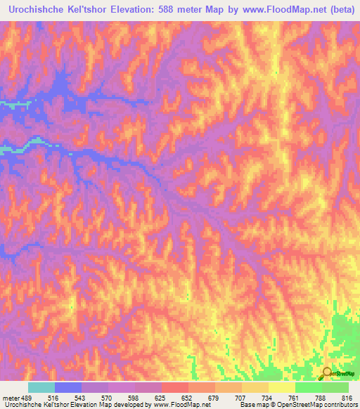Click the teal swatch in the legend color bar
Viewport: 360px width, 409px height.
click(41, 387)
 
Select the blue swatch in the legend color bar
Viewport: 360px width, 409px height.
click(68, 387)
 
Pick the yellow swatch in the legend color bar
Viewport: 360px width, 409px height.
click(282, 387)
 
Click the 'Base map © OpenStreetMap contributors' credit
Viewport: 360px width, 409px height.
click(297, 405)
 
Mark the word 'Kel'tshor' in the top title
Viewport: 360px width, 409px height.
click(88, 10)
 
